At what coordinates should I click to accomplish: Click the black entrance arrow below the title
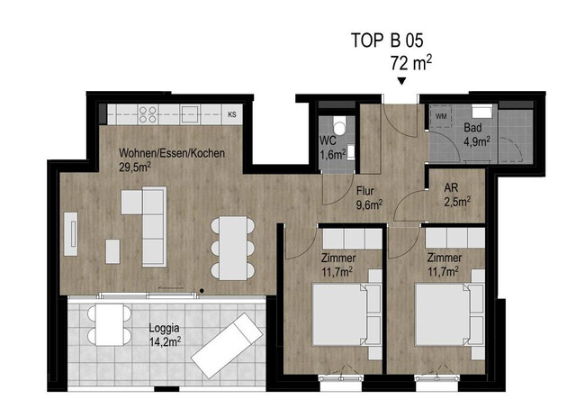click(x=401, y=83)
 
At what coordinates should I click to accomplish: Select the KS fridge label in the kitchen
click(x=232, y=114)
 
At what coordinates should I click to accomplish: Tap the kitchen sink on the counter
click(x=190, y=114)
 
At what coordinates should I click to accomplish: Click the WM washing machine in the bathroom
click(x=442, y=116)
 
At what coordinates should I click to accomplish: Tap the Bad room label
click(x=473, y=129)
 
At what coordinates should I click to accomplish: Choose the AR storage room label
click(x=452, y=188)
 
